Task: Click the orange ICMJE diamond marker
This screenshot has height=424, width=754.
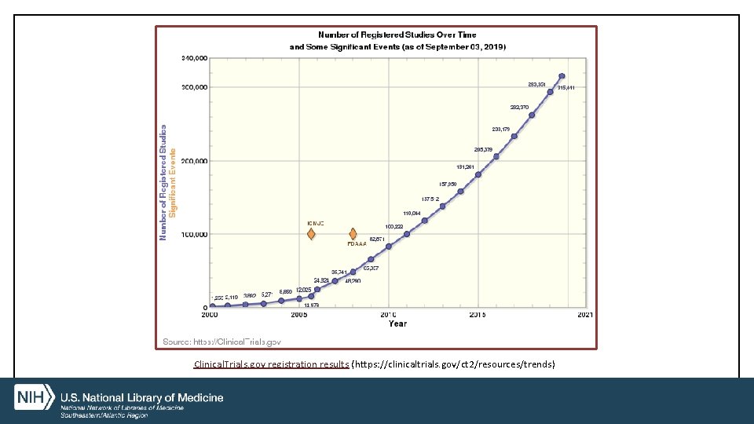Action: click(x=311, y=234)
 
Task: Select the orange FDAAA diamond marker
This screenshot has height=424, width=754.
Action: click(x=353, y=234)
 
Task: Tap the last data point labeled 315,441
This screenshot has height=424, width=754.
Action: click(x=562, y=76)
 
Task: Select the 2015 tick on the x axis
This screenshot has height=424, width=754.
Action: click(x=478, y=315)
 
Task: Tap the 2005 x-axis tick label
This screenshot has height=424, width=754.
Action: click(x=299, y=315)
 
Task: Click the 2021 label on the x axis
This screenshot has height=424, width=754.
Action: click(x=585, y=315)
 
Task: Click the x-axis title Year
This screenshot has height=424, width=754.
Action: click(x=397, y=323)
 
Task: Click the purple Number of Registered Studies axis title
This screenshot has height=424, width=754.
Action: click(x=163, y=182)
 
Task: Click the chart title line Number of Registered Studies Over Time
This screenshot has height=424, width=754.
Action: click(x=397, y=35)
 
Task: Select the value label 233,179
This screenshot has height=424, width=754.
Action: click(x=501, y=129)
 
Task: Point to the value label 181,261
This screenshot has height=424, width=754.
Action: click(x=465, y=166)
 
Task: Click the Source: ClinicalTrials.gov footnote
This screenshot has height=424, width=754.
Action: click(x=221, y=342)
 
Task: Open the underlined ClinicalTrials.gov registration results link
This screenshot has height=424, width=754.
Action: click(x=271, y=364)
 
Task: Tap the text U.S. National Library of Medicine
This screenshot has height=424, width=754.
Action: click(x=142, y=397)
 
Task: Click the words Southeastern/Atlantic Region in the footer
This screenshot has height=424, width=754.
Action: click(x=104, y=415)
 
